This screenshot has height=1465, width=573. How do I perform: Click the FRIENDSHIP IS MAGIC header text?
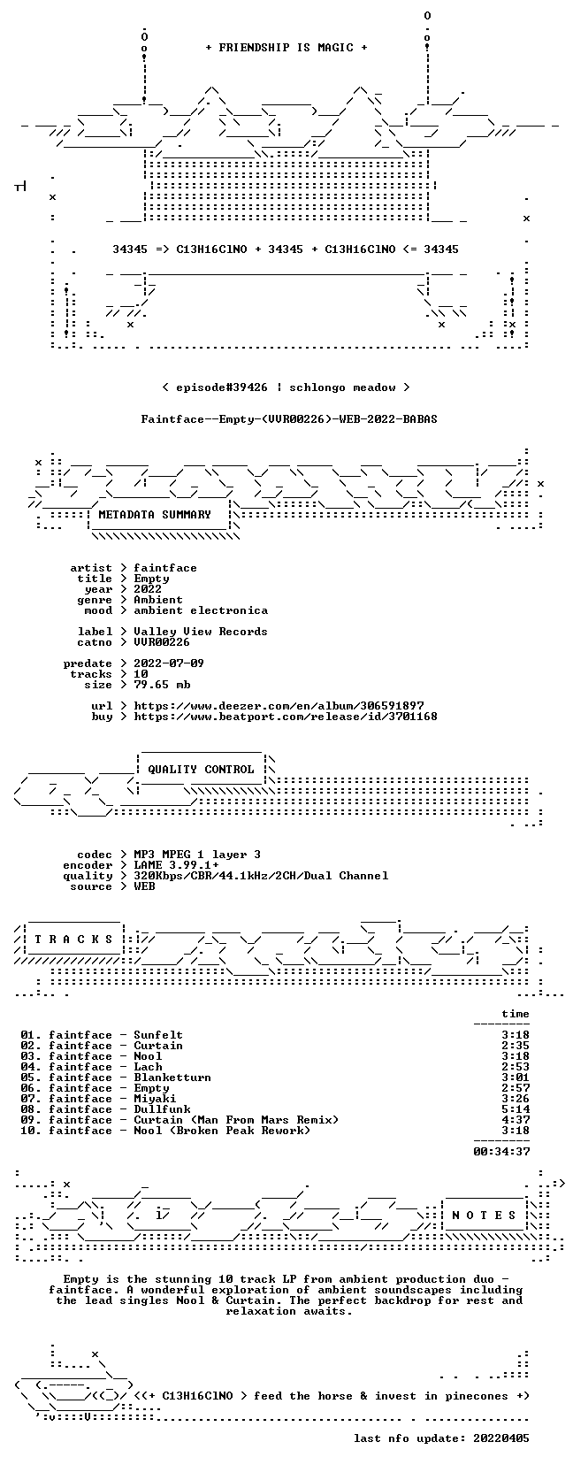(x=286, y=48)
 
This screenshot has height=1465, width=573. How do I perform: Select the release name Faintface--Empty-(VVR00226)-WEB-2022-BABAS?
(x=289, y=419)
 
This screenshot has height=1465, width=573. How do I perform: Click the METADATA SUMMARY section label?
(x=155, y=515)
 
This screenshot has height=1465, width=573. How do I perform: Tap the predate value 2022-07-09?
(x=169, y=663)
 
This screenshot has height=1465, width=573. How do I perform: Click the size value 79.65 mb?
(x=162, y=685)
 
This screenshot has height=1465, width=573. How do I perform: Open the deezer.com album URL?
(x=279, y=706)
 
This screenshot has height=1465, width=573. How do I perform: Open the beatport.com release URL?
(x=286, y=717)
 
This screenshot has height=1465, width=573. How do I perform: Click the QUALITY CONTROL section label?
(x=201, y=770)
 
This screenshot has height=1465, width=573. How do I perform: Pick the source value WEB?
(x=144, y=886)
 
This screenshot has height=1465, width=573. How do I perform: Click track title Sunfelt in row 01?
(x=158, y=1035)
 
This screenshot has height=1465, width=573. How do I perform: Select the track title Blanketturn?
(x=172, y=1078)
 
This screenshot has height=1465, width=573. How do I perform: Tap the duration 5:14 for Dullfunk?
(x=516, y=1109)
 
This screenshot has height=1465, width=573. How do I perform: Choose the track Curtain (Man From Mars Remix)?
(x=236, y=1120)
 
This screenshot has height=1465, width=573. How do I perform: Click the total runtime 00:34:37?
(x=501, y=1152)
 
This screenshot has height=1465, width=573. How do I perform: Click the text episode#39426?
(x=221, y=387)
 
